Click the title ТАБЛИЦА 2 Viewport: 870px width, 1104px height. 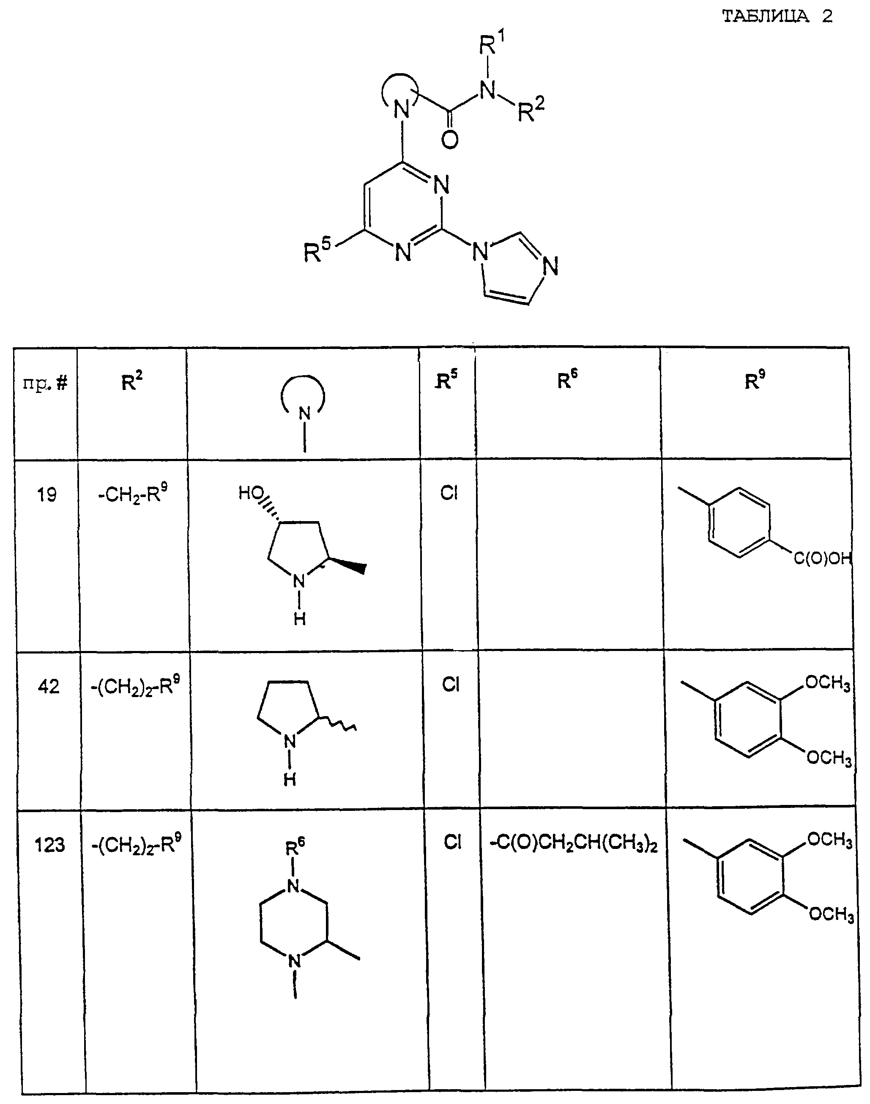click(x=777, y=16)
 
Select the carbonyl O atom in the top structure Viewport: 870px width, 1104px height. click(x=450, y=139)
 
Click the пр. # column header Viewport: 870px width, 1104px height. click(x=45, y=383)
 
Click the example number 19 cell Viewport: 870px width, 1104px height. click(x=47, y=494)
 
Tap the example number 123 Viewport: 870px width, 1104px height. click(x=49, y=845)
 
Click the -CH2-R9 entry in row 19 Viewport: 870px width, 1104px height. click(x=132, y=493)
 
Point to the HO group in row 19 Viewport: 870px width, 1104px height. click(x=251, y=493)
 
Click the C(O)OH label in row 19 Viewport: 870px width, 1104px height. click(x=822, y=559)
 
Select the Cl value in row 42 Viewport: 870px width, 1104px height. click(x=451, y=684)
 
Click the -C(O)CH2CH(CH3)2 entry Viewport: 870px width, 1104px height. click(x=574, y=845)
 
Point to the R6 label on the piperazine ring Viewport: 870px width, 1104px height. click(x=295, y=848)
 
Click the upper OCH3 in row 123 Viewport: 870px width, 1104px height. click(x=830, y=839)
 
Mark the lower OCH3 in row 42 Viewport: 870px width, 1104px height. click(x=829, y=758)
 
